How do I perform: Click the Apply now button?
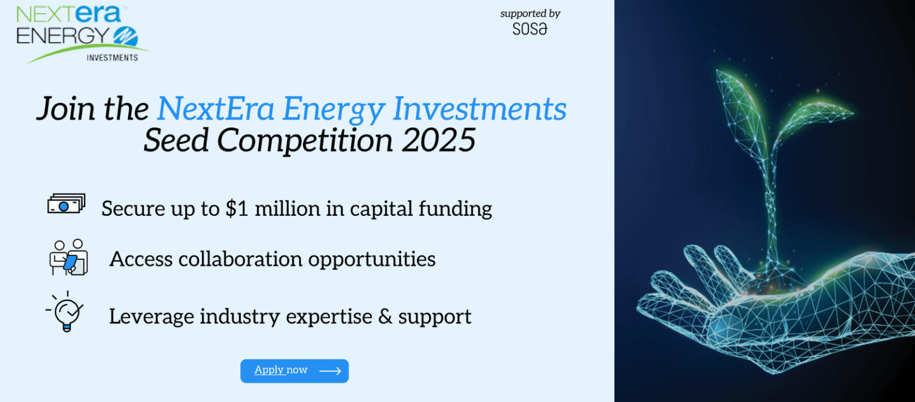pos(294,371)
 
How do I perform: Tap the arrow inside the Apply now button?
pos(330,371)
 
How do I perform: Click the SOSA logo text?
pos(530,29)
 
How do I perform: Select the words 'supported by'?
pos(530,14)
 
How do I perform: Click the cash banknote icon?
pos(66,203)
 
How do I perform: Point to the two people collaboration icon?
pos(69,257)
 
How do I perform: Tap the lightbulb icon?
pos(66,311)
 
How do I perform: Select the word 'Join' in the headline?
pos(66,109)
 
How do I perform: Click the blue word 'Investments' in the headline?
pos(480,109)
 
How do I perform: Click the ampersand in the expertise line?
pos(385,317)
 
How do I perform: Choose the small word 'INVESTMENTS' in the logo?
pos(113,58)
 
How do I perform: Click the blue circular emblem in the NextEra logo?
pos(126,36)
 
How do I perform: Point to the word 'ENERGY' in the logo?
pos(63,36)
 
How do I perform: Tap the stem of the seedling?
pos(770,205)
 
